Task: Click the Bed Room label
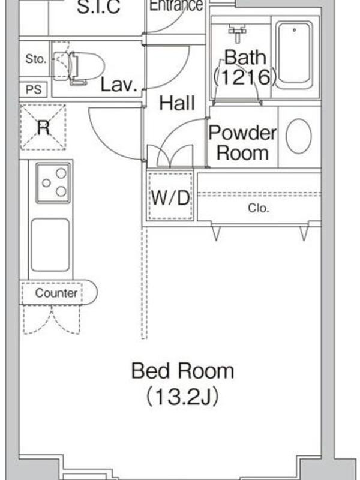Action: click(x=183, y=371)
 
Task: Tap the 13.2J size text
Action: click(x=183, y=397)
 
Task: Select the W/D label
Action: click(x=170, y=198)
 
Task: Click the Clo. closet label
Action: click(x=259, y=208)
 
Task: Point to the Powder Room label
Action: click(x=242, y=142)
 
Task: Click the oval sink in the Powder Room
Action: click(x=299, y=136)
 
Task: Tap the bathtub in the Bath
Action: click(x=295, y=56)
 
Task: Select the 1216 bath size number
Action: click(x=245, y=77)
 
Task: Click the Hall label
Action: click(x=177, y=103)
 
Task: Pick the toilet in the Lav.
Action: click(x=79, y=67)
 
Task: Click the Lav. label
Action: click(x=119, y=85)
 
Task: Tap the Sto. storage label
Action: click(x=36, y=59)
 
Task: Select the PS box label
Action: click(x=34, y=89)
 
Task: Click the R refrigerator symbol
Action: click(x=43, y=127)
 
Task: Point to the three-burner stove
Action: click(x=53, y=183)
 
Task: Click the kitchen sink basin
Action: click(x=50, y=245)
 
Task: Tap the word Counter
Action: click(x=56, y=293)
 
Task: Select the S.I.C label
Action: click(x=98, y=7)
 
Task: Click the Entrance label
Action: click(x=176, y=5)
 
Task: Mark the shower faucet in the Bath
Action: click(x=238, y=33)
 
